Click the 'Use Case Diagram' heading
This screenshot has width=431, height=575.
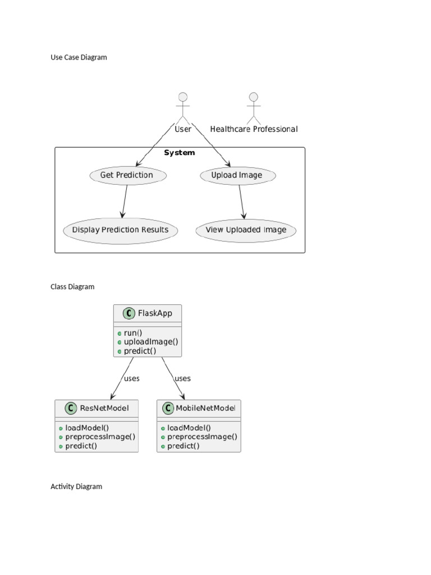pos(79,57)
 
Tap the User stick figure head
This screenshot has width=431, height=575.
pos(182,97)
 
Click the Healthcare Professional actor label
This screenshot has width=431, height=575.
pos(254,129)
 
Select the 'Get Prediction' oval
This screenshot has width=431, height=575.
pos(128,175)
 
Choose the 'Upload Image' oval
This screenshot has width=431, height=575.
pos(238,175)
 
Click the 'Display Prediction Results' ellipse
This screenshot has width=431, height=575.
pos(120,230)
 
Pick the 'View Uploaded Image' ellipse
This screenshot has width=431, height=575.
pos(246,230)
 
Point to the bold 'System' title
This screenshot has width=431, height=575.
pos(180,153)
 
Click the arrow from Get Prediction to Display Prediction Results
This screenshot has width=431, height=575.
pos(125,201)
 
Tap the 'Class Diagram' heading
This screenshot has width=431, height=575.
pos(72,286)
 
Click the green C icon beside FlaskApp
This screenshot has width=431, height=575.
pos(127,313)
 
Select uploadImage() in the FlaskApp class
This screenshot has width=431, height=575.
pos(151,341)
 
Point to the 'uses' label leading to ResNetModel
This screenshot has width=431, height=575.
pos(131,378)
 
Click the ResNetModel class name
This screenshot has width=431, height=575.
pos(104,408)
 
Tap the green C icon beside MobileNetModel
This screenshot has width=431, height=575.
pos(167,408)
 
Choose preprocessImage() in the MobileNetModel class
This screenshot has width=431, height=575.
pos(202,436)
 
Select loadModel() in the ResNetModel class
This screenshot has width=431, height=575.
pos(87,427)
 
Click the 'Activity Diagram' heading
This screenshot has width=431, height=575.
pos(76,486)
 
